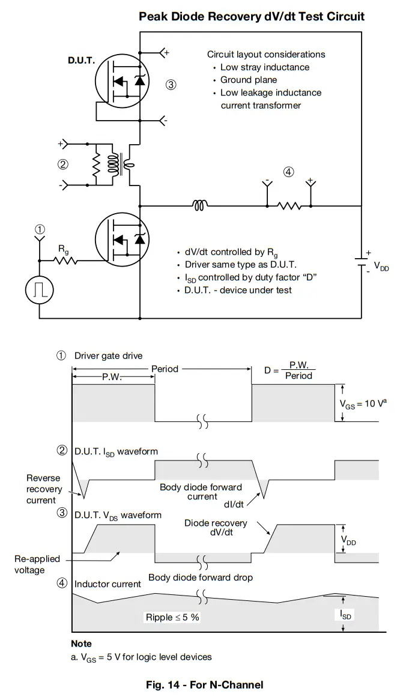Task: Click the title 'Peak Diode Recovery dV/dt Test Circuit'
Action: tap(252, 16)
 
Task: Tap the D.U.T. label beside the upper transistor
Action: tap(81, 61)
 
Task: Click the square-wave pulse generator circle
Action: tap(40, 289)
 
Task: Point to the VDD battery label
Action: tap(381, 267)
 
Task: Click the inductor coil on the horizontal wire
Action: tap(200, 206)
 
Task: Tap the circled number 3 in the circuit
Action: tap(171, 85)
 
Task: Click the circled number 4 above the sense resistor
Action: tap(288, 172)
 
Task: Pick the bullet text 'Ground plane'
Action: tap(248, 80)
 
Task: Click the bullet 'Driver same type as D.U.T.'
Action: tap(240, 264)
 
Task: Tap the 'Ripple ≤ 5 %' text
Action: tap(172, 617)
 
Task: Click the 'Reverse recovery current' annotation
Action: tap(43, 489)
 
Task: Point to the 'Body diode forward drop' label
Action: tap(201, 578)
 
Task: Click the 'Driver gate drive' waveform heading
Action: tap(108, 355)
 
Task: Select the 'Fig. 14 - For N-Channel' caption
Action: tap(204, 684)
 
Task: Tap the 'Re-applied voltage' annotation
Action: tap(37, 564)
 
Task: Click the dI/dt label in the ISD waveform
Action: tap(237, 504)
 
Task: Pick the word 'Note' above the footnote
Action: tap(81, 644)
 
